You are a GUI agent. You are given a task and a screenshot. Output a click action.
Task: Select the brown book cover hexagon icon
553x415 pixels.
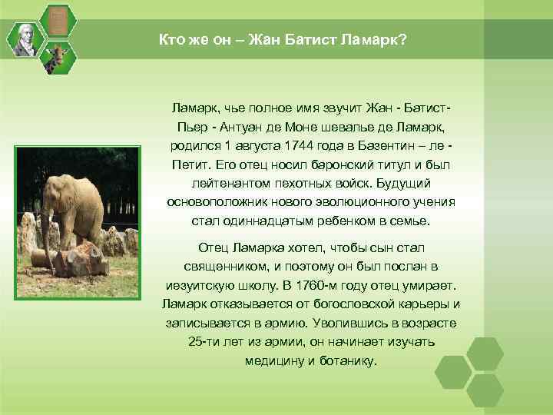coord(56,21)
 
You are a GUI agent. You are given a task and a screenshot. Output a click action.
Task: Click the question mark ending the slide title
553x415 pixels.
coord(403,39)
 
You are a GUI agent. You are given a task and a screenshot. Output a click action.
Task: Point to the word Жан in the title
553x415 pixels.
coord(257,39)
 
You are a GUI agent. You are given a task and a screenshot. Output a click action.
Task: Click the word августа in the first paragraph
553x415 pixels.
coord(255,145)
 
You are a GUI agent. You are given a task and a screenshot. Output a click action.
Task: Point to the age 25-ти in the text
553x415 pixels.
coord(202,341)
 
